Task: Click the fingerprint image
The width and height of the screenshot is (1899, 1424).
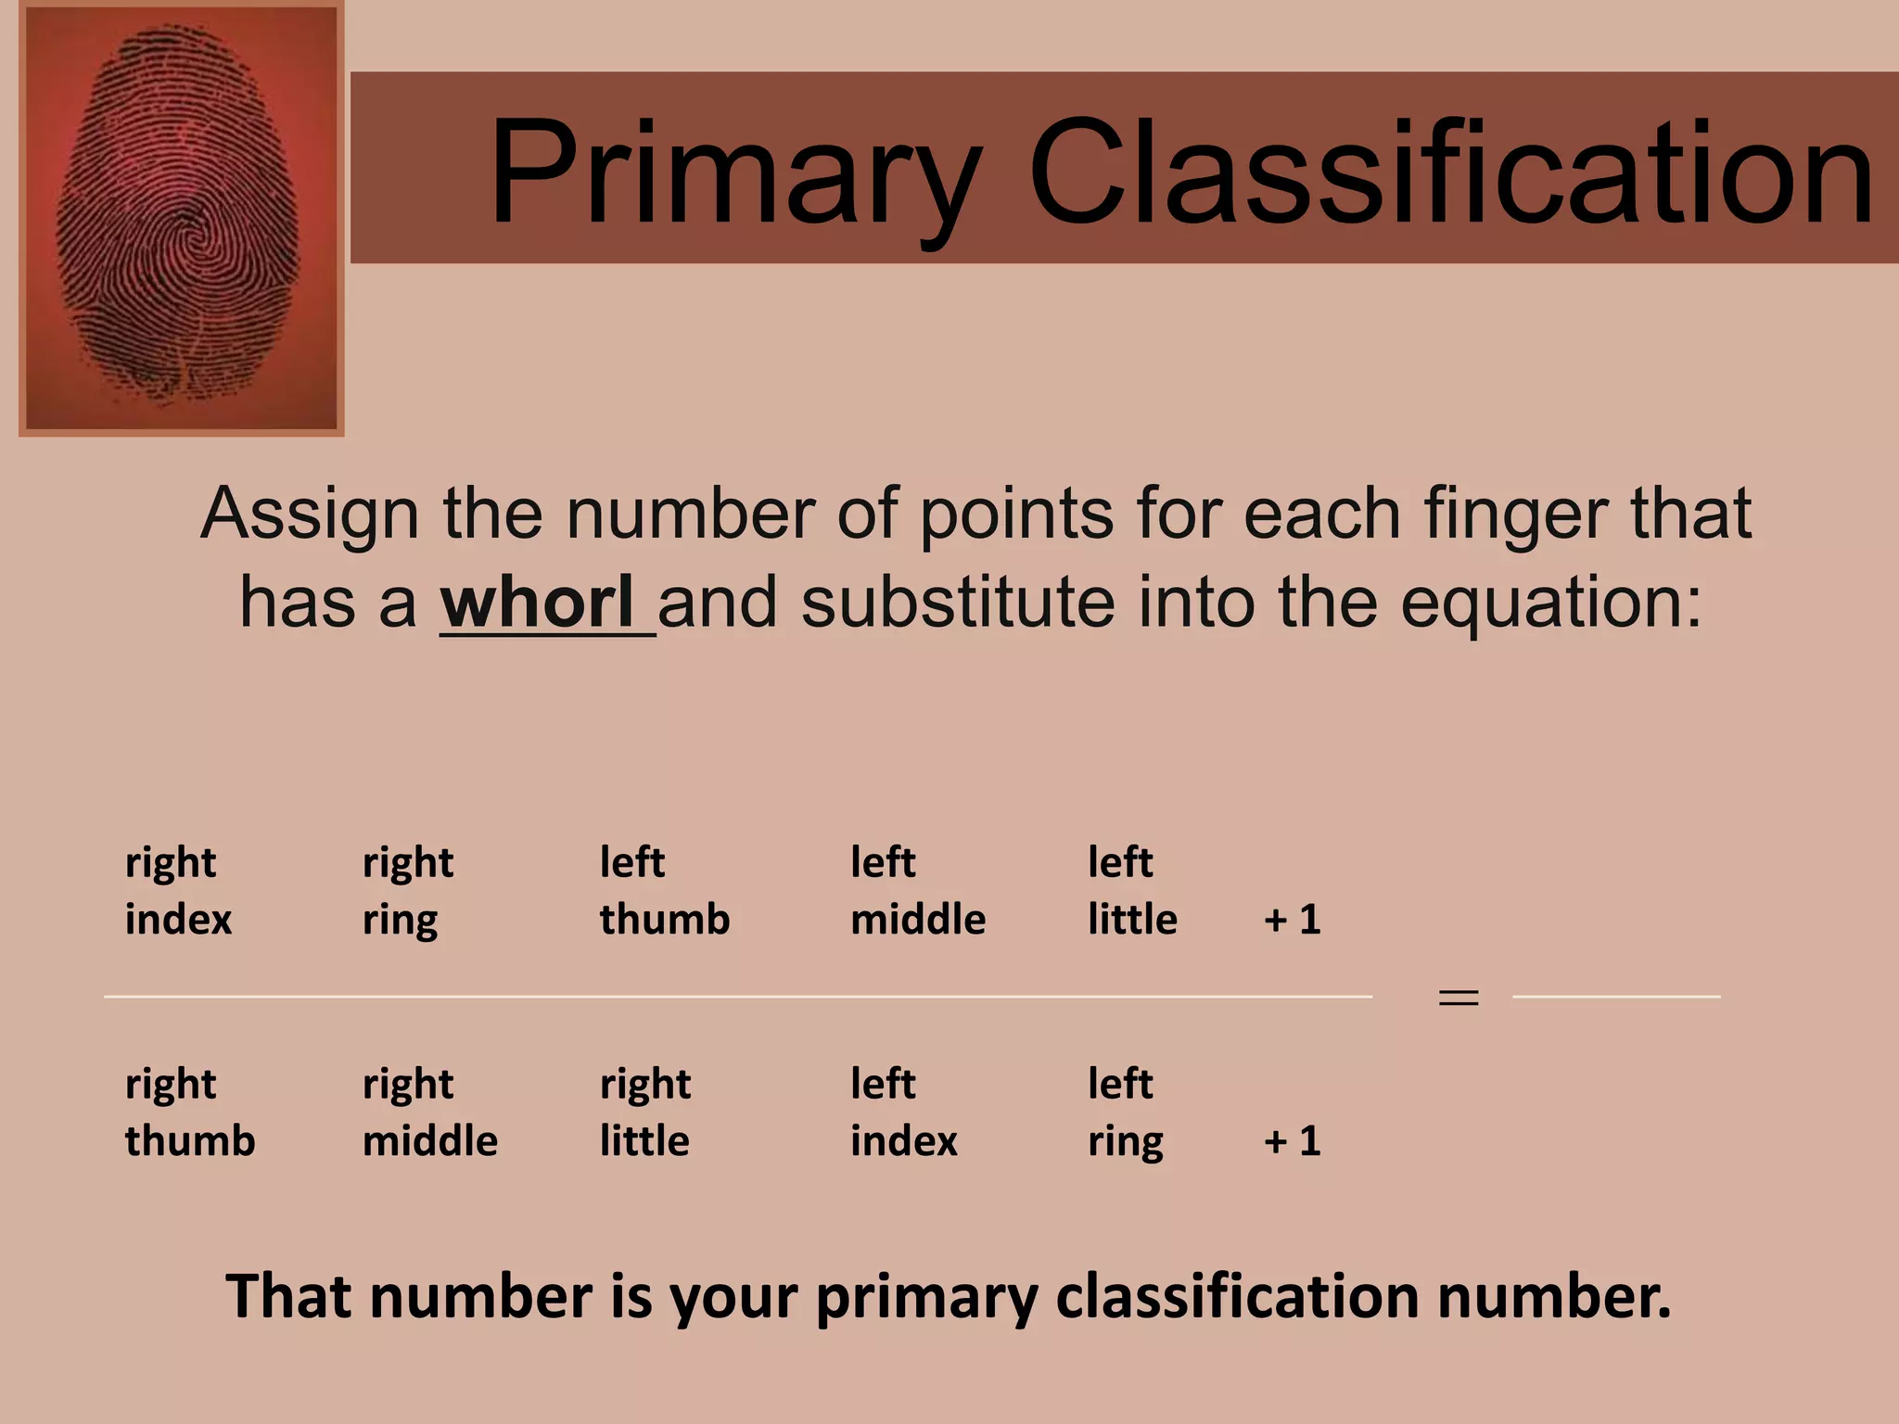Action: point(181,218)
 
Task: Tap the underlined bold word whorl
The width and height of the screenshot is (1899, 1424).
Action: point(538,603)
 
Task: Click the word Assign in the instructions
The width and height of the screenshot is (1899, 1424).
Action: point(310,514)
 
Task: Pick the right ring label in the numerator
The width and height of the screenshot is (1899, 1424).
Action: point(408,891)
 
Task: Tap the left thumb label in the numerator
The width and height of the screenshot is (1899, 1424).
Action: point(664,891)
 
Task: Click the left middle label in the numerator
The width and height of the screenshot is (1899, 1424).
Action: point(918,891)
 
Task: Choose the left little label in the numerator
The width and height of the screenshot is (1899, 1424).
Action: point(1132,891)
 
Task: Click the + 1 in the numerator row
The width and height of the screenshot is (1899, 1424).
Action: point(1292,920)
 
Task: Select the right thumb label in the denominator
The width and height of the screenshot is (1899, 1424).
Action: point(189,1112)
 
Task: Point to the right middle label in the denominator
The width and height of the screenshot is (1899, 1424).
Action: point(429,1112)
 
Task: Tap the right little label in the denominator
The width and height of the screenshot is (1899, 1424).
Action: point(645,1112)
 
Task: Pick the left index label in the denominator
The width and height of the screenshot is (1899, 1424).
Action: point(903,1112)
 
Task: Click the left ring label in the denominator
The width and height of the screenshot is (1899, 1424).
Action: point(1125,1112)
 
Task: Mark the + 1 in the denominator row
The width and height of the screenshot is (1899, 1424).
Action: point(1292,1141)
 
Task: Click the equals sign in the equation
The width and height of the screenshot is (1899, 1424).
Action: point(1458,998)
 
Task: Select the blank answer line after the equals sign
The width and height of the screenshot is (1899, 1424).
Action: point(1616,997)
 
